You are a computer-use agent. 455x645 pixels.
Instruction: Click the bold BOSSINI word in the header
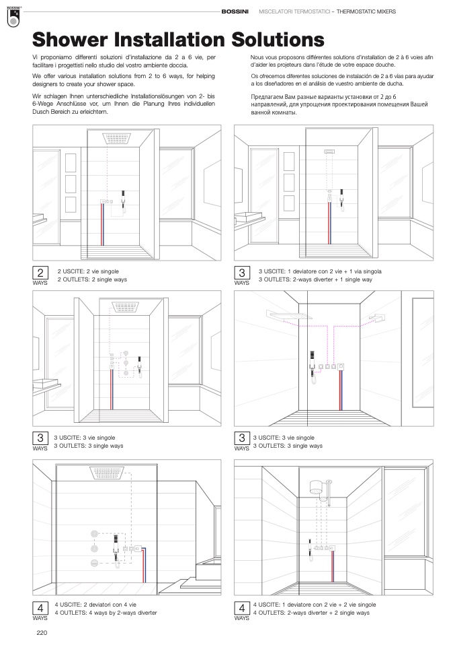(x=236, y=11)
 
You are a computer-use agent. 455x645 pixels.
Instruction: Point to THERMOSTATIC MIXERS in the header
(x=366, y=11)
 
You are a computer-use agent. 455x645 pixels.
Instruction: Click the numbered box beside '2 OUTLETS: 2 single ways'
(x=40, y=273)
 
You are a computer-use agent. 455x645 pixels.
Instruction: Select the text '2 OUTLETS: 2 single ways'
(x=91, y=279)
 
